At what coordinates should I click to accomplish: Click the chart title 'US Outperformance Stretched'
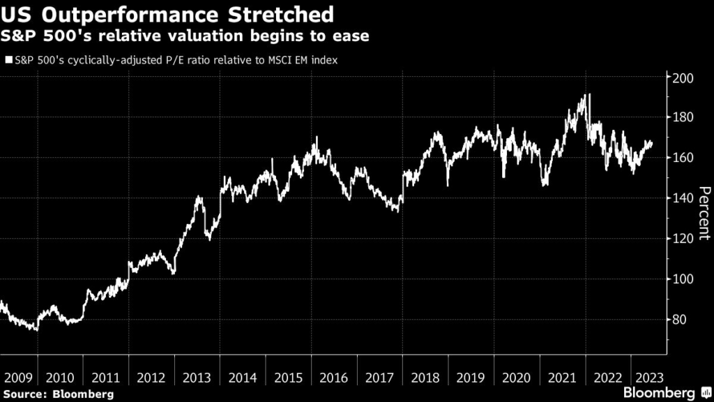pyautogui.click(x=167, y=14)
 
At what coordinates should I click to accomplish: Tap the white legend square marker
pyautogui.click(x=8, y=61)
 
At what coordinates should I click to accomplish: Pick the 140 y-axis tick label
pyautogui.click(x=681, y=198)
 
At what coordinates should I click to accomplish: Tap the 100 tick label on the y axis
pyautogui.click(x=681, y=279)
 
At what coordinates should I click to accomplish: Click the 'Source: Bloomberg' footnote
pyautogui.click(x=57, y=394)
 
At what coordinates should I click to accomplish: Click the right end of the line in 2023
pyautogui.click(x=652, y=144)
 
